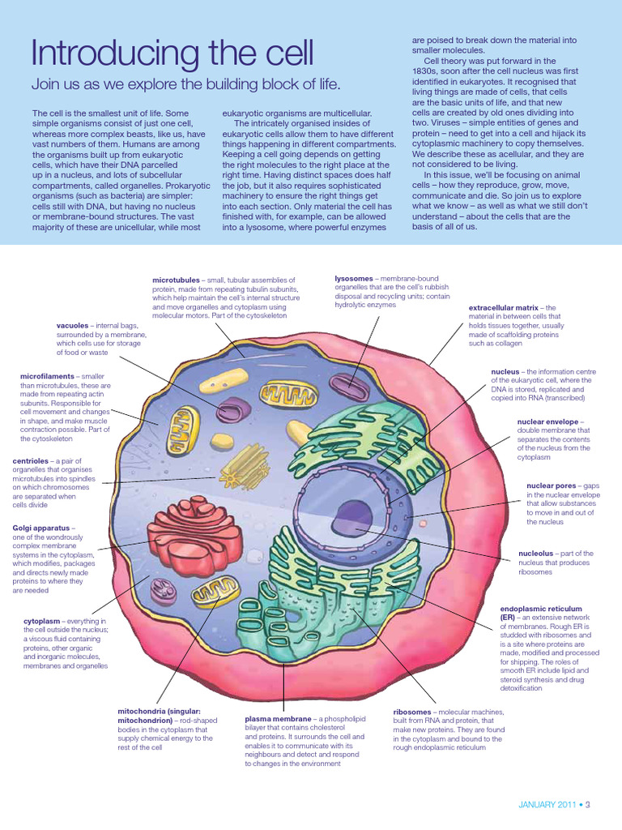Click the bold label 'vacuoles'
(72, 325)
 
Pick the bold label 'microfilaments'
(47, 377)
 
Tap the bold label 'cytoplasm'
(43, 621)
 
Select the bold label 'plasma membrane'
(278, 718)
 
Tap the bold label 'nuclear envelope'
(548, 421)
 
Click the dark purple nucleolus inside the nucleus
(350, 512)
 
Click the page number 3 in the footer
(588, 805)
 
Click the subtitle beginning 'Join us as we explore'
(185, 84)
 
